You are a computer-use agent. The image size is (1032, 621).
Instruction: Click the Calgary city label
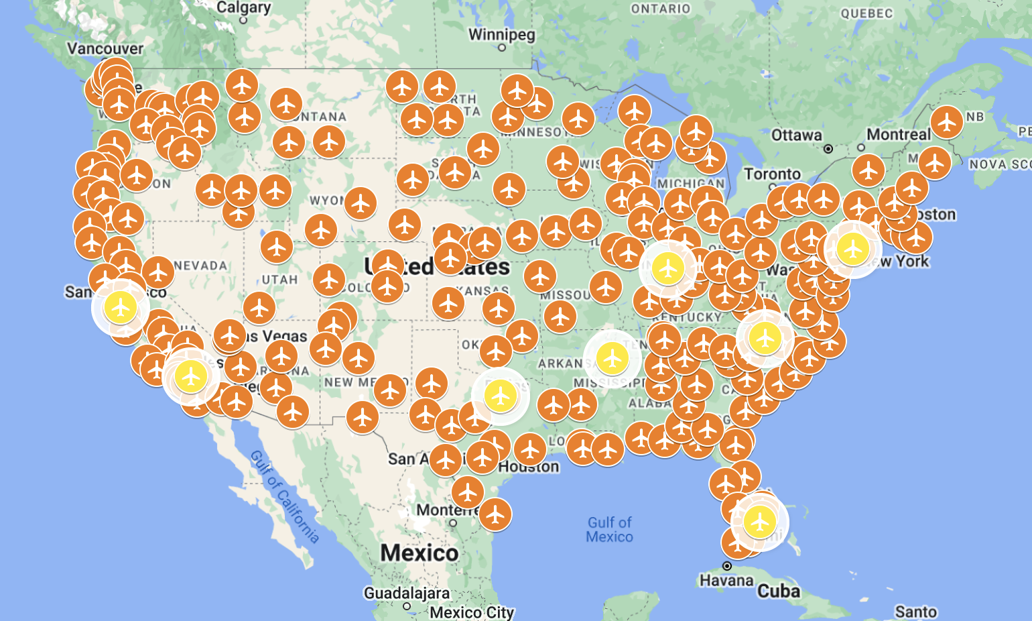[243, 8]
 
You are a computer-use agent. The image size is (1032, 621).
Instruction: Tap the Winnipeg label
[501, 35]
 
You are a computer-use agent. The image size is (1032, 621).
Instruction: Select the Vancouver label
[105, 49]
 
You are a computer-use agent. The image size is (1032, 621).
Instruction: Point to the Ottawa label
[796, 135]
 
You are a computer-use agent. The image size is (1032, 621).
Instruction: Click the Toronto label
[772, 174]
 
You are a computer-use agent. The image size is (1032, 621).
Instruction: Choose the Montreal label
[898, 135]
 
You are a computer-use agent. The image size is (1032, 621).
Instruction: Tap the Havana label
[726, 580]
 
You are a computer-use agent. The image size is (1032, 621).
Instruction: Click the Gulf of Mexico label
[609, 530]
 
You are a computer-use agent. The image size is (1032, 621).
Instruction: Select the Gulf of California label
[285, 496]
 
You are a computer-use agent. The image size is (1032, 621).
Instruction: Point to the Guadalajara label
[406, 594]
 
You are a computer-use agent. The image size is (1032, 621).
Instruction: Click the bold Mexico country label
[420, 553]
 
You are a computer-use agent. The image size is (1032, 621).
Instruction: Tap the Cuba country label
[779, 591]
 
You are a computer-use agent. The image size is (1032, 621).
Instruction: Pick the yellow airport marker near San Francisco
[121, 307]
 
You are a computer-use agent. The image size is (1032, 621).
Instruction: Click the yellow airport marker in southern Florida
[759, 521]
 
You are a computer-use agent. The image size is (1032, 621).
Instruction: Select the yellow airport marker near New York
[852, 249]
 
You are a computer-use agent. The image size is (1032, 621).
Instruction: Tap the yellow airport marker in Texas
[500, 396]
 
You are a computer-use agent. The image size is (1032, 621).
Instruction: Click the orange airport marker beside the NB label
[946, 122]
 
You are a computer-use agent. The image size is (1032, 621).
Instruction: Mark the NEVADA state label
[200, 266]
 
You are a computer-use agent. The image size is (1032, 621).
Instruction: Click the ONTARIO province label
[660, 9]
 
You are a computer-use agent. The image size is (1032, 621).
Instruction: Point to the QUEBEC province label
[866, 13]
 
